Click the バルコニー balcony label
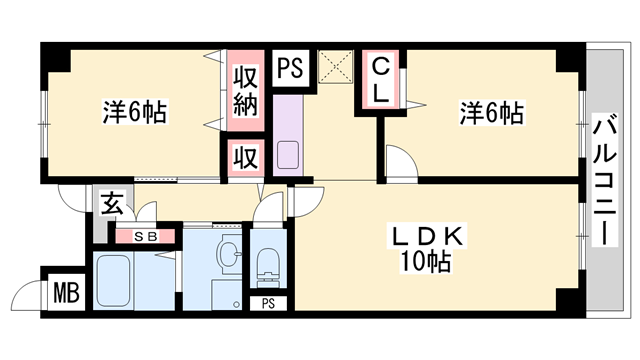pyautogui.click(x=604, y=180)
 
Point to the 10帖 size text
pyautogui.click(x=426, y=263)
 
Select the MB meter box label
pyautogui.click(x=66, y=295)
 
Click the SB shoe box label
pyautogui.click(x=146, y=237)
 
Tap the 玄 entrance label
pyautogui.click(x=112, y=207)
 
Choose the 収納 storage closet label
pyautogui.click(x=246, y=90)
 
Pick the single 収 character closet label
pyautogui.click(x=245, y=157)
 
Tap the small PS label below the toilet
pyautogui.click(x=267, y=303)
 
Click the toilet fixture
pyautogui.click(x=267, y=264)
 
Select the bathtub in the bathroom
pyautogui.click(x=117, y=282)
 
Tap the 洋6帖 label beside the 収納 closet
pyautogui.click(x=134, y=111)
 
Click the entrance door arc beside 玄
pyautogui.click(x=74, y=203)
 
